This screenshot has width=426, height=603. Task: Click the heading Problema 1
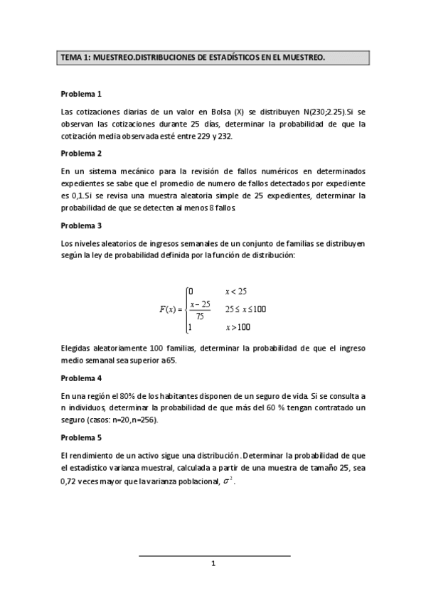pyautogui.click(x=81, y=94)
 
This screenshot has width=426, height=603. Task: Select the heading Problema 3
pyautogui.click(x=81, y=226)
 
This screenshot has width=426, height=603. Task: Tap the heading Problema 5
pyautogui.click(x=81, y=437)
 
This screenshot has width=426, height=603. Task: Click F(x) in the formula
pyautogui.click(x=169, y=309)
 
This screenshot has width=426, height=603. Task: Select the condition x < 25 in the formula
pyautogui.click(x=235, y=292)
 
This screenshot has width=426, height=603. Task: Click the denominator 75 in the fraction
pyautogui.click(x=200, y=316)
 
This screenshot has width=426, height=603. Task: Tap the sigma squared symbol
pyautogui.click(x=228, y=480)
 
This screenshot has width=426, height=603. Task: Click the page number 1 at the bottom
pyautogui.click(x=213, y=564)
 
